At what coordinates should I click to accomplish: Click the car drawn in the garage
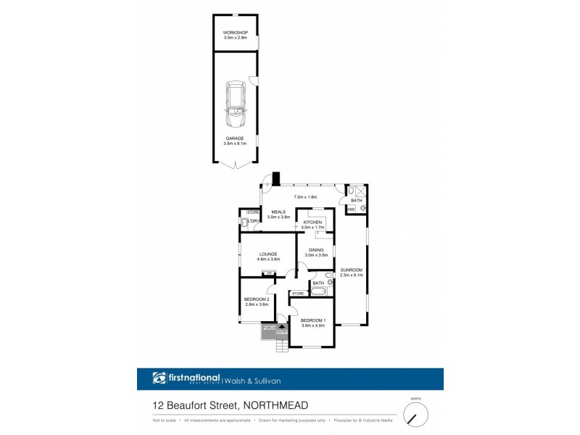(236, 103)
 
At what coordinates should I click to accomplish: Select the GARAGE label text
(234, 138)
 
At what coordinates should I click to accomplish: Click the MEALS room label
(278, 212)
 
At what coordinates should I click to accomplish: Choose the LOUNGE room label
(268, 254)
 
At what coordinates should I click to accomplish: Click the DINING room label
(316, 250)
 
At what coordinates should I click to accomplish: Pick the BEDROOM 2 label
(257, 299)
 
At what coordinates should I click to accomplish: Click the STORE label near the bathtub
(298, 293)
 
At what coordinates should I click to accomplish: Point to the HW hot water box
(351, 209)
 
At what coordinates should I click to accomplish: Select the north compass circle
(415, 415)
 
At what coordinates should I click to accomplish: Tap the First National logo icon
(159, 378)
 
